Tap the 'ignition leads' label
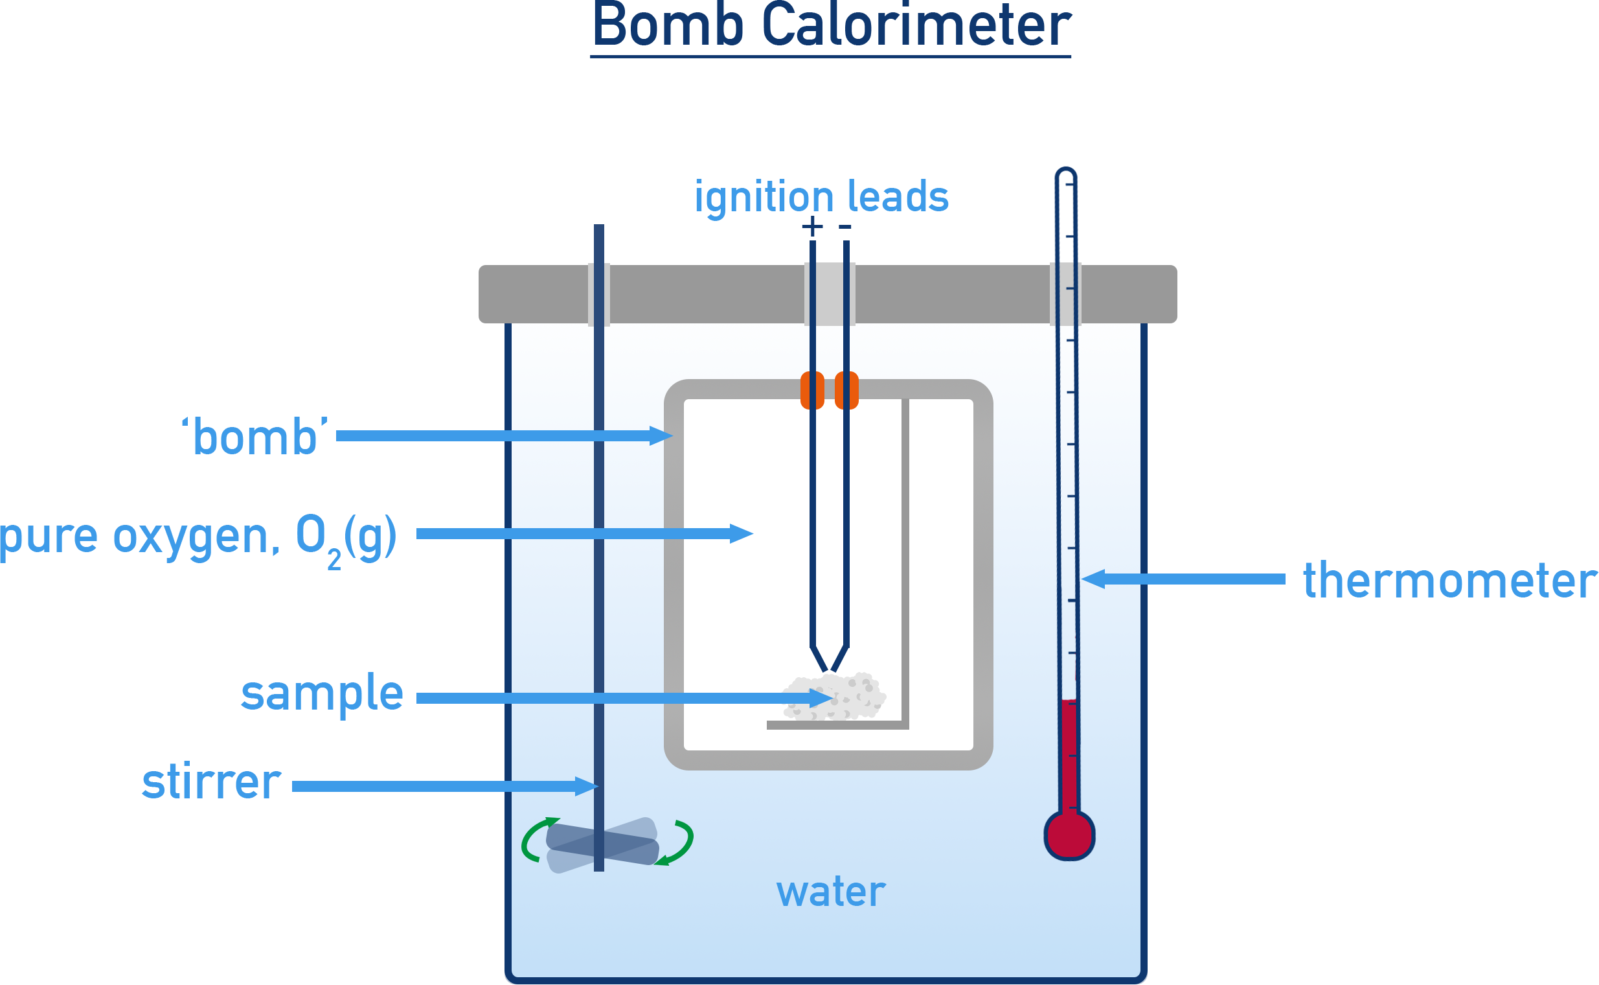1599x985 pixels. (x=821, y=196)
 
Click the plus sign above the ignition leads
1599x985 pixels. (x=812, y=227)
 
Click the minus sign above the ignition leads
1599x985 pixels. (x=845, y=227)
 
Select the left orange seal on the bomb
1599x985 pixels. (x=812, y=389)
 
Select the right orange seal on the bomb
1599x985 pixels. (x=846, y=389)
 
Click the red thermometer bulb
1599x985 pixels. (x=1069, y=835)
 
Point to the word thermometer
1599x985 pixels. (x=1449, y=580)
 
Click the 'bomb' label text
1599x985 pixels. (x=255, y=437)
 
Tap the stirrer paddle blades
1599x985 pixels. (x=602, y=845)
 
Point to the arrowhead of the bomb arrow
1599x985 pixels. (x=662, y=435)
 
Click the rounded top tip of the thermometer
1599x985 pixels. (x=1066, y=173)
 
